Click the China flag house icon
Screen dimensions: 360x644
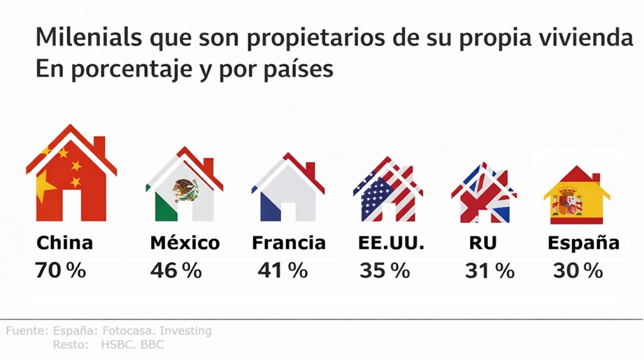(71, 175)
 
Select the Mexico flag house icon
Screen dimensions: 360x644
(184, 185)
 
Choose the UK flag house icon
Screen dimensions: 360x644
(484, 193)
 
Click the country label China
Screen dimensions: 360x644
(64, 243)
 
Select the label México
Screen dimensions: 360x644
(185, 243)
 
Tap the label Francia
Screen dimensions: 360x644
(288, 243)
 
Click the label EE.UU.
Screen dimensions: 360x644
(391, 243)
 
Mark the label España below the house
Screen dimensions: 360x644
(583, 243)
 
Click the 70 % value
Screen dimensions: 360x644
(61, 271)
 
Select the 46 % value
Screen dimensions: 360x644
(176, 271)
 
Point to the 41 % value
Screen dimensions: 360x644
(282, 271)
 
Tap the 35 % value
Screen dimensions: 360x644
(385, 271)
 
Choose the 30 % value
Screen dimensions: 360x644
(578, 271)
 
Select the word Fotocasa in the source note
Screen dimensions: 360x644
(127, 331)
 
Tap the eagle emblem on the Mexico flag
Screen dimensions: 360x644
(185, 189)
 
